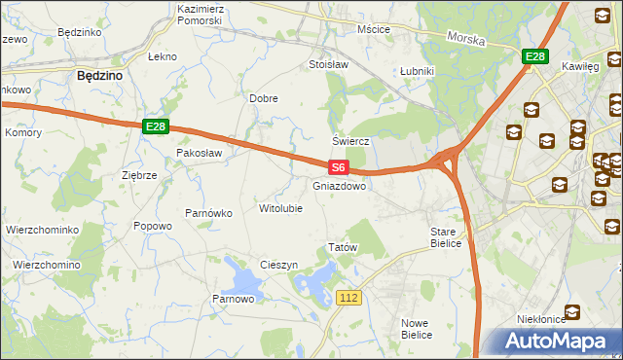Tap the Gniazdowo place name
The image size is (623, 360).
pos(340,185)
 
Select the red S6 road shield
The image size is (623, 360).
pos(337,167)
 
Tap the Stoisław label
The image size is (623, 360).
pos(328,65)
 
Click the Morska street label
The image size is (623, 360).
pos(465,39)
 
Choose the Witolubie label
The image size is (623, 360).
pos(280,208)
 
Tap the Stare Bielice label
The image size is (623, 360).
pos(449,237)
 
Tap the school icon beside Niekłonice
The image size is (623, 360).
pos(572,311)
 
